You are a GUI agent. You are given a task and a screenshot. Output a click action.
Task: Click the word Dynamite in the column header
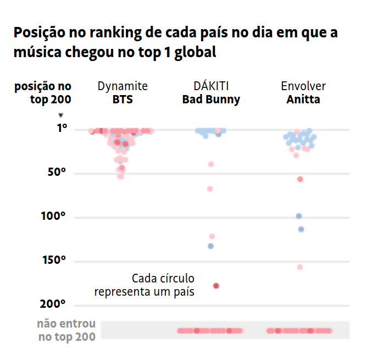[x=123, y=86]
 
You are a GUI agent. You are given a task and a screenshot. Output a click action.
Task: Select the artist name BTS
[x=123, y=100]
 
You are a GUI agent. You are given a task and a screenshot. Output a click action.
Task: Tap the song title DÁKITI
[x=211, y=86]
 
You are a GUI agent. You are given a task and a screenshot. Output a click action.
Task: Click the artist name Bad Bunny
[x=211, y=100]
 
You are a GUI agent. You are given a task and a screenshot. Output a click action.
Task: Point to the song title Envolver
[x=303, y=86]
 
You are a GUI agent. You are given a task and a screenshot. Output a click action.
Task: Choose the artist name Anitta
[x=303, y=100]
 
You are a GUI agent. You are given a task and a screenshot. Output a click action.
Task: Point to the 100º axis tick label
[x=54, y=216]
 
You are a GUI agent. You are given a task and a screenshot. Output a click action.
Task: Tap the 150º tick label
[x=54, y=260]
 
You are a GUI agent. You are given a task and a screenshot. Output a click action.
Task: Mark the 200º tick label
[x=54, y=304]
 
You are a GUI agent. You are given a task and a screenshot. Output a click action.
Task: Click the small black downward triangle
[x=61, y=115]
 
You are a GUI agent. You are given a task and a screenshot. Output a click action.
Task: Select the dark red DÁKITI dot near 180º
[x=216, y=286]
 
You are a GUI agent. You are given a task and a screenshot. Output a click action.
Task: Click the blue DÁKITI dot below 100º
[x=210, y=246]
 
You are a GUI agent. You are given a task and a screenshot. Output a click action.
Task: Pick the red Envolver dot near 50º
[x=300, y=179]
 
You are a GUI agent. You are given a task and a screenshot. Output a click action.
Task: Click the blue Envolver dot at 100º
[x=299, y=216]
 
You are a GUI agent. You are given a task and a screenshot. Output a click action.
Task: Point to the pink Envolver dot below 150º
[x=300, y=267]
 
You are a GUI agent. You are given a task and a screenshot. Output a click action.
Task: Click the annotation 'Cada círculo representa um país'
[x=144, y=285]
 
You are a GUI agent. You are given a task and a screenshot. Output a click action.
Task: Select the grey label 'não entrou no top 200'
[x=66, y=330]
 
